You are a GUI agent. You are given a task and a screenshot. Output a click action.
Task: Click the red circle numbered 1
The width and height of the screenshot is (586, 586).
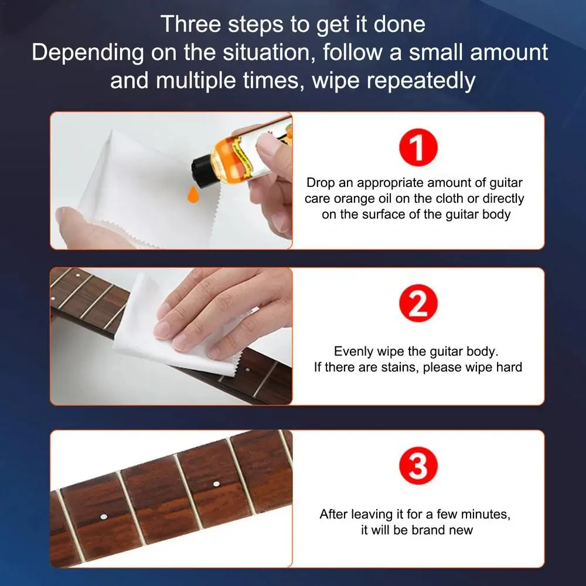pyautogui.click(x=418, y=149)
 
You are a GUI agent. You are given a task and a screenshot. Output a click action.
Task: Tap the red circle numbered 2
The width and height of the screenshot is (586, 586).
pyautogui.click(x=418, y=305)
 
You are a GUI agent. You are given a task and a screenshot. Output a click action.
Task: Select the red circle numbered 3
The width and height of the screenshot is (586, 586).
pyautogui.click(x=418, y=467)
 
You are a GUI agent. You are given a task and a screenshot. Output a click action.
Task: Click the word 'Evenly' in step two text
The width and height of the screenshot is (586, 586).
pyautogui.click(x=354, y=352)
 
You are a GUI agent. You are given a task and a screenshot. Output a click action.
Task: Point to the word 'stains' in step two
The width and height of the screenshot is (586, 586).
pyautogui.click(x=398, y=367)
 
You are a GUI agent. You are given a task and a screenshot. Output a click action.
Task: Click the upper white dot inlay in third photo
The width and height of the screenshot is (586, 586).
pyautogui.click(x=216, y=484)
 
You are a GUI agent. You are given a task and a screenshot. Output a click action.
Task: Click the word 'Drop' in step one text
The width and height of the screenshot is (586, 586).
pyautogui.click(x=320, y=183)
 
